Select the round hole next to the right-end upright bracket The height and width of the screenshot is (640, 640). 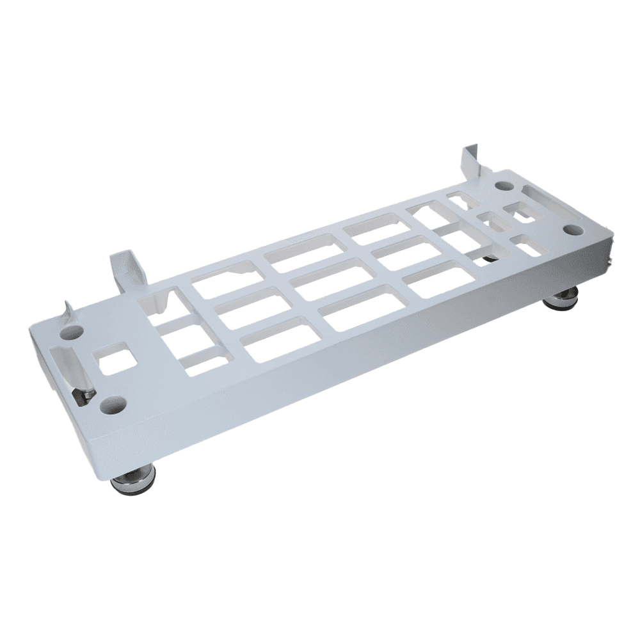tap(504, 186)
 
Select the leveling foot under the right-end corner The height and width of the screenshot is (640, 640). tap(563, 298)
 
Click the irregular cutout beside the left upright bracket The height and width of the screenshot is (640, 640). tap(157, 300)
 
